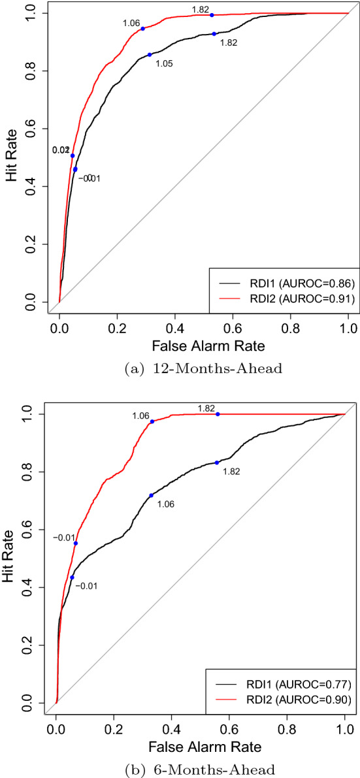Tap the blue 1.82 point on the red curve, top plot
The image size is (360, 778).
[212, 15]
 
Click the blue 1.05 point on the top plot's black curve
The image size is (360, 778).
[150, 55]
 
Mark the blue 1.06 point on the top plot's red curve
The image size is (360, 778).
[142, 29]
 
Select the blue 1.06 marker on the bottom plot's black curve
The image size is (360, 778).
[151, 495]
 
